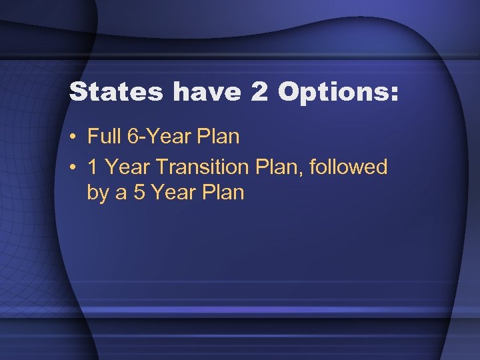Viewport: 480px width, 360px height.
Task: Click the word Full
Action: [x=103, y=137]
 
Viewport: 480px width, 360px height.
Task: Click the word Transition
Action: [x=201, y=167]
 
